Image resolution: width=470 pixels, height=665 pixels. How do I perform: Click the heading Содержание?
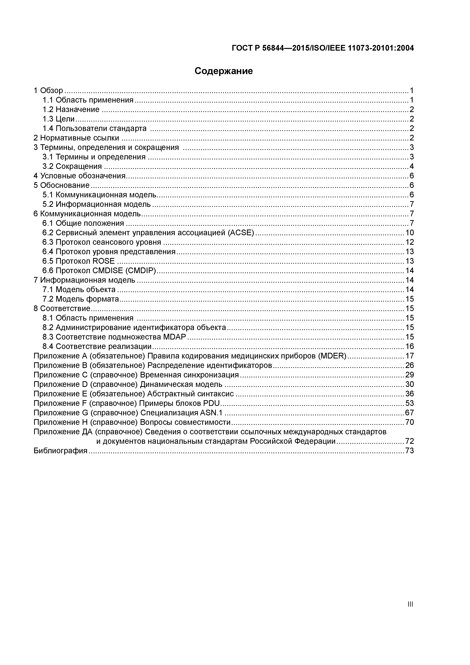[x=224, y=71]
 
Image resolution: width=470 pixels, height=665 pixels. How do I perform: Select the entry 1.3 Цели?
[x=59, y=119]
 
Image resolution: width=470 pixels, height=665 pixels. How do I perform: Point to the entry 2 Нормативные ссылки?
[x=76, y=138]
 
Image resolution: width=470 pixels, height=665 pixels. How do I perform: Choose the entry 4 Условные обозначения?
[x=79, y=176]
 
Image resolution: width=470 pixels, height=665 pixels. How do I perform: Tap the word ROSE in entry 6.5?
[x=103, y=261]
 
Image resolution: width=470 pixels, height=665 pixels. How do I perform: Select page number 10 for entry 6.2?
[x=410, y=233]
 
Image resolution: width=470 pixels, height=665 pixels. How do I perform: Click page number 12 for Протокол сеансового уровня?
[x=410, y=242]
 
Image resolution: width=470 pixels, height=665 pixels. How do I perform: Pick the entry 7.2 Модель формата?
[x=81, y=299]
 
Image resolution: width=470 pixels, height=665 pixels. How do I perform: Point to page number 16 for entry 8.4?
[x=410, y=346]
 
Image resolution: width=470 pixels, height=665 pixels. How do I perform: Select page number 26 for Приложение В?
[x=410, y=365]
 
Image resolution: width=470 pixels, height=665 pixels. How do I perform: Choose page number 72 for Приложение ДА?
[x=410, y=441]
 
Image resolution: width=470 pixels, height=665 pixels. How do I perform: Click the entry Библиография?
[x=60, y=451]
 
